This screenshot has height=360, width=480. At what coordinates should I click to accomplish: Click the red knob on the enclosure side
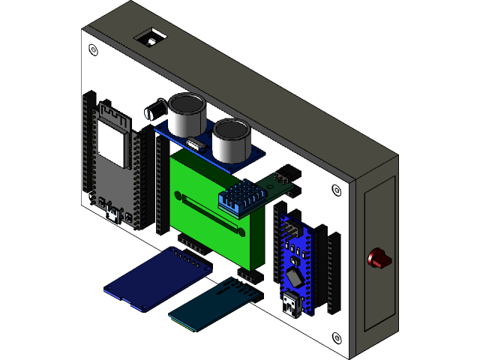[x=379, y=259]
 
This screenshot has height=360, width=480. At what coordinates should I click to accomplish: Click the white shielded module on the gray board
[x=112, y=143]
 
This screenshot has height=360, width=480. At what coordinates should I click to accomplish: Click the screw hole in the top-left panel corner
[x=93, y=50]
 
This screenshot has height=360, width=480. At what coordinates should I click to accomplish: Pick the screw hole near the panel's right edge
[x=336, y=190]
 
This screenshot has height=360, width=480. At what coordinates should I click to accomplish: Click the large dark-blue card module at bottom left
[x=157, y=279]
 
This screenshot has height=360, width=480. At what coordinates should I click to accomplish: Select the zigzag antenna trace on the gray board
[x=113, y=113]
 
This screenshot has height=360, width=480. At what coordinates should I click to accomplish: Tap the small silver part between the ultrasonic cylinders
[x=193, y=143]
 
